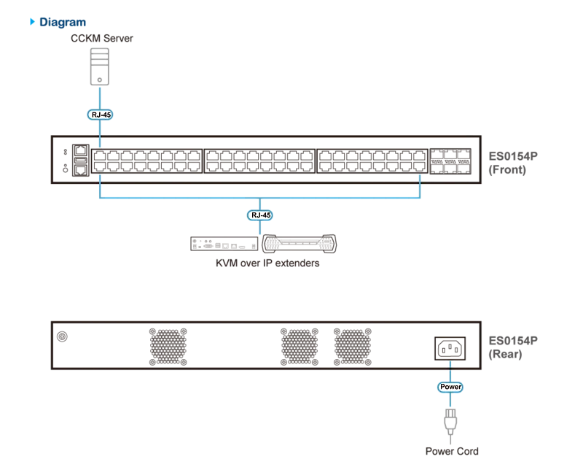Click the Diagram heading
tap(63, 23)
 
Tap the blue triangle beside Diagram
tap(32, 22)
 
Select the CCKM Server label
tap(102, 39)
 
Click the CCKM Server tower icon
tap(100, 66)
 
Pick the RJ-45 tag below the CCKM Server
tap(100, 115)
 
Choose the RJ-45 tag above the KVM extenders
tap(260, 215)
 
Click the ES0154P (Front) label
tap(513, 163)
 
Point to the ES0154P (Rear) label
tap(513, 347)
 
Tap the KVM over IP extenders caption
tap(267, 263)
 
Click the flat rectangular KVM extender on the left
tap(224, 244)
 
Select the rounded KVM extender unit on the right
tap(300, 244)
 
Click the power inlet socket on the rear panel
tap(450, 349)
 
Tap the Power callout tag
tap(450, 387)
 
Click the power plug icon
tap(450, 422)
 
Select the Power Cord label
tap(452, 451)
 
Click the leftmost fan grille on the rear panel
tap(168, 347)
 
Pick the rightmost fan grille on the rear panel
tap(353, 347)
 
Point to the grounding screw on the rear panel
tap(62, 336)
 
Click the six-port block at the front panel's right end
tap(450, 161)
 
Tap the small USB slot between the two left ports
tap(81, 160)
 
